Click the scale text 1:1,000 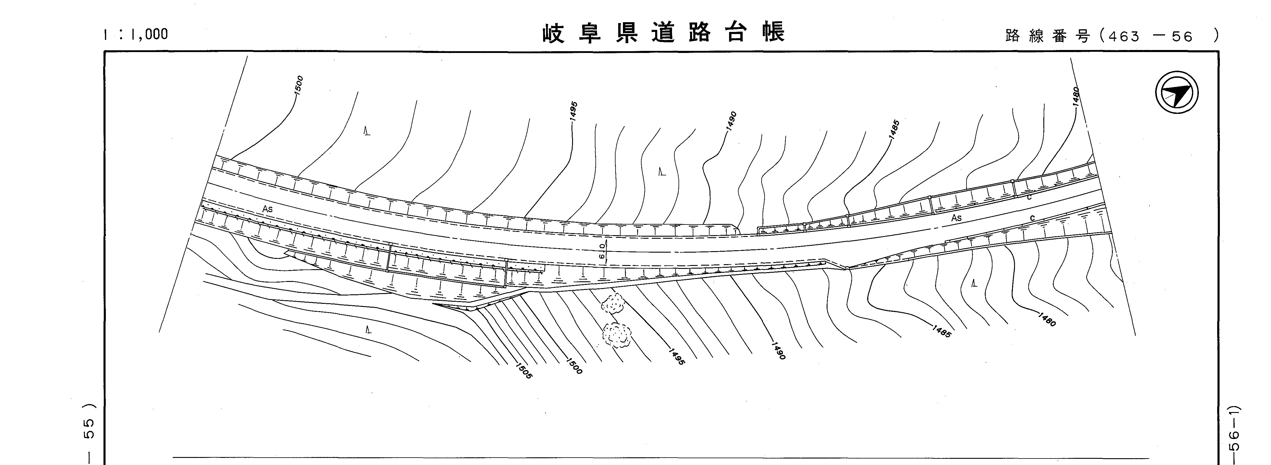135,35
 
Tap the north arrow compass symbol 1177,93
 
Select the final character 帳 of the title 773,33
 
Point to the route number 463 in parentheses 1124,36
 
